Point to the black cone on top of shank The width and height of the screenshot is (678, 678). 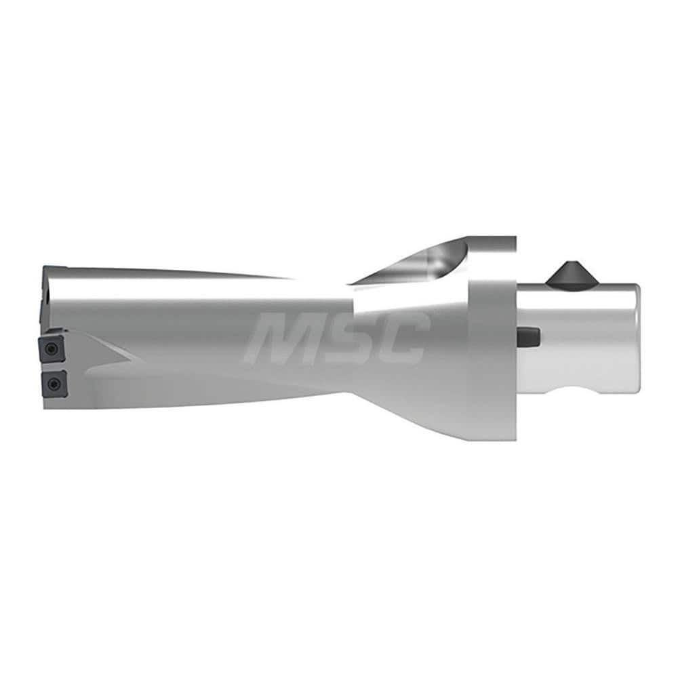coord(566,274)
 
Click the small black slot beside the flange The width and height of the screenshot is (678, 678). coord(529,336)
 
